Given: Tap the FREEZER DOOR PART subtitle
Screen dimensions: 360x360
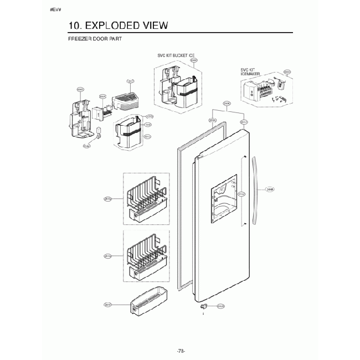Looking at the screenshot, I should point(94,39).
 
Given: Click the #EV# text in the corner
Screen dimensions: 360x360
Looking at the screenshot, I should point(55,11).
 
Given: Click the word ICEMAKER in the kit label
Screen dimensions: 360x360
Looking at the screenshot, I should point(250,74).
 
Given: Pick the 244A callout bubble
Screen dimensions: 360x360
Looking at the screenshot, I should point(270,189).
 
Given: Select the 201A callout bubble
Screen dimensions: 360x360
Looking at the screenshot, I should point(244,122).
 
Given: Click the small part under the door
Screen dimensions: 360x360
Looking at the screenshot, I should point(204,306).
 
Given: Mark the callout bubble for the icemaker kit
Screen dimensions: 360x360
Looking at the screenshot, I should point(287,72).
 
